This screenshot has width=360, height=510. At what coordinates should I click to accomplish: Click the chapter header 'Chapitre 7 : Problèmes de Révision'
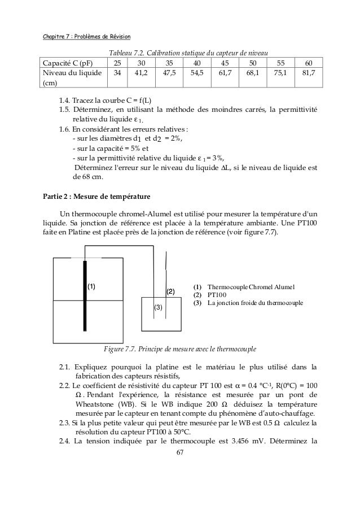point(87,38)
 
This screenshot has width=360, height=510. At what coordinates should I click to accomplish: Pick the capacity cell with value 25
point(117,63)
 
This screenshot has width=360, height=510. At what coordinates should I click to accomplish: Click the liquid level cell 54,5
point(197,73)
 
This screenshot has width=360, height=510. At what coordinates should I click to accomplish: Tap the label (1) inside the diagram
point(91,286)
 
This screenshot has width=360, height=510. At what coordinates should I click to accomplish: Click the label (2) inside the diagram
point(170,291)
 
